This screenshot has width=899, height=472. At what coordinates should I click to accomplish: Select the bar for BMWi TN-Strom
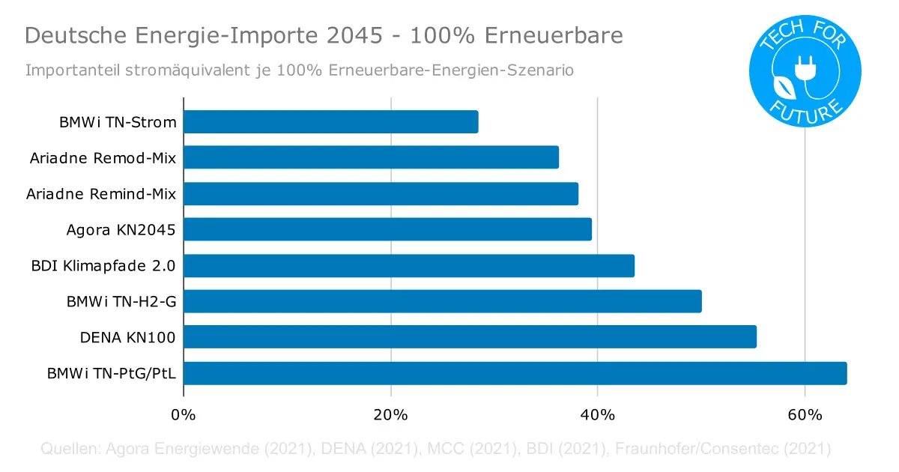point(330,122)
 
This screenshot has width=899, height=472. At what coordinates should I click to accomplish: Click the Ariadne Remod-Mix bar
point(371,157)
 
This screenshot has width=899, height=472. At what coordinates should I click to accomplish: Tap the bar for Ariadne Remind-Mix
point(381,194)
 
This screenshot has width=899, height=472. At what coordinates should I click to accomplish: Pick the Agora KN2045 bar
point(387,229)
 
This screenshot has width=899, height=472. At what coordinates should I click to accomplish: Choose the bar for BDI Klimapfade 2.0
point(408,266)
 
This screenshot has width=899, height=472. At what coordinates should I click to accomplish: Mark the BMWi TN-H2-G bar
point(442,301)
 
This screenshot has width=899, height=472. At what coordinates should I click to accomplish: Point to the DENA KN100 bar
point(470,337)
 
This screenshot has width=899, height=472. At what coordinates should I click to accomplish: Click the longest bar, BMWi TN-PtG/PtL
point(515,373)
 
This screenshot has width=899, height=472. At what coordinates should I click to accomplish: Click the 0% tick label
point(184,414)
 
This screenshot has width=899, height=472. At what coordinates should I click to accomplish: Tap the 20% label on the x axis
point(390,414)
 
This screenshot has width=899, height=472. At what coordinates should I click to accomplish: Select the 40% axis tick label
point(597,414)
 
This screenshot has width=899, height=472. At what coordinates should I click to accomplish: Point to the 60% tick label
point(804,414)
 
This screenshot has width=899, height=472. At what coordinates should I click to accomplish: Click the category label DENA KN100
point(127,338)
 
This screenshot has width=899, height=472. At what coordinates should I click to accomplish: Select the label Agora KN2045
point(121,230)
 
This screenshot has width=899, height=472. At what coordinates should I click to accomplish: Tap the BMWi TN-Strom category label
point(118,122)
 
